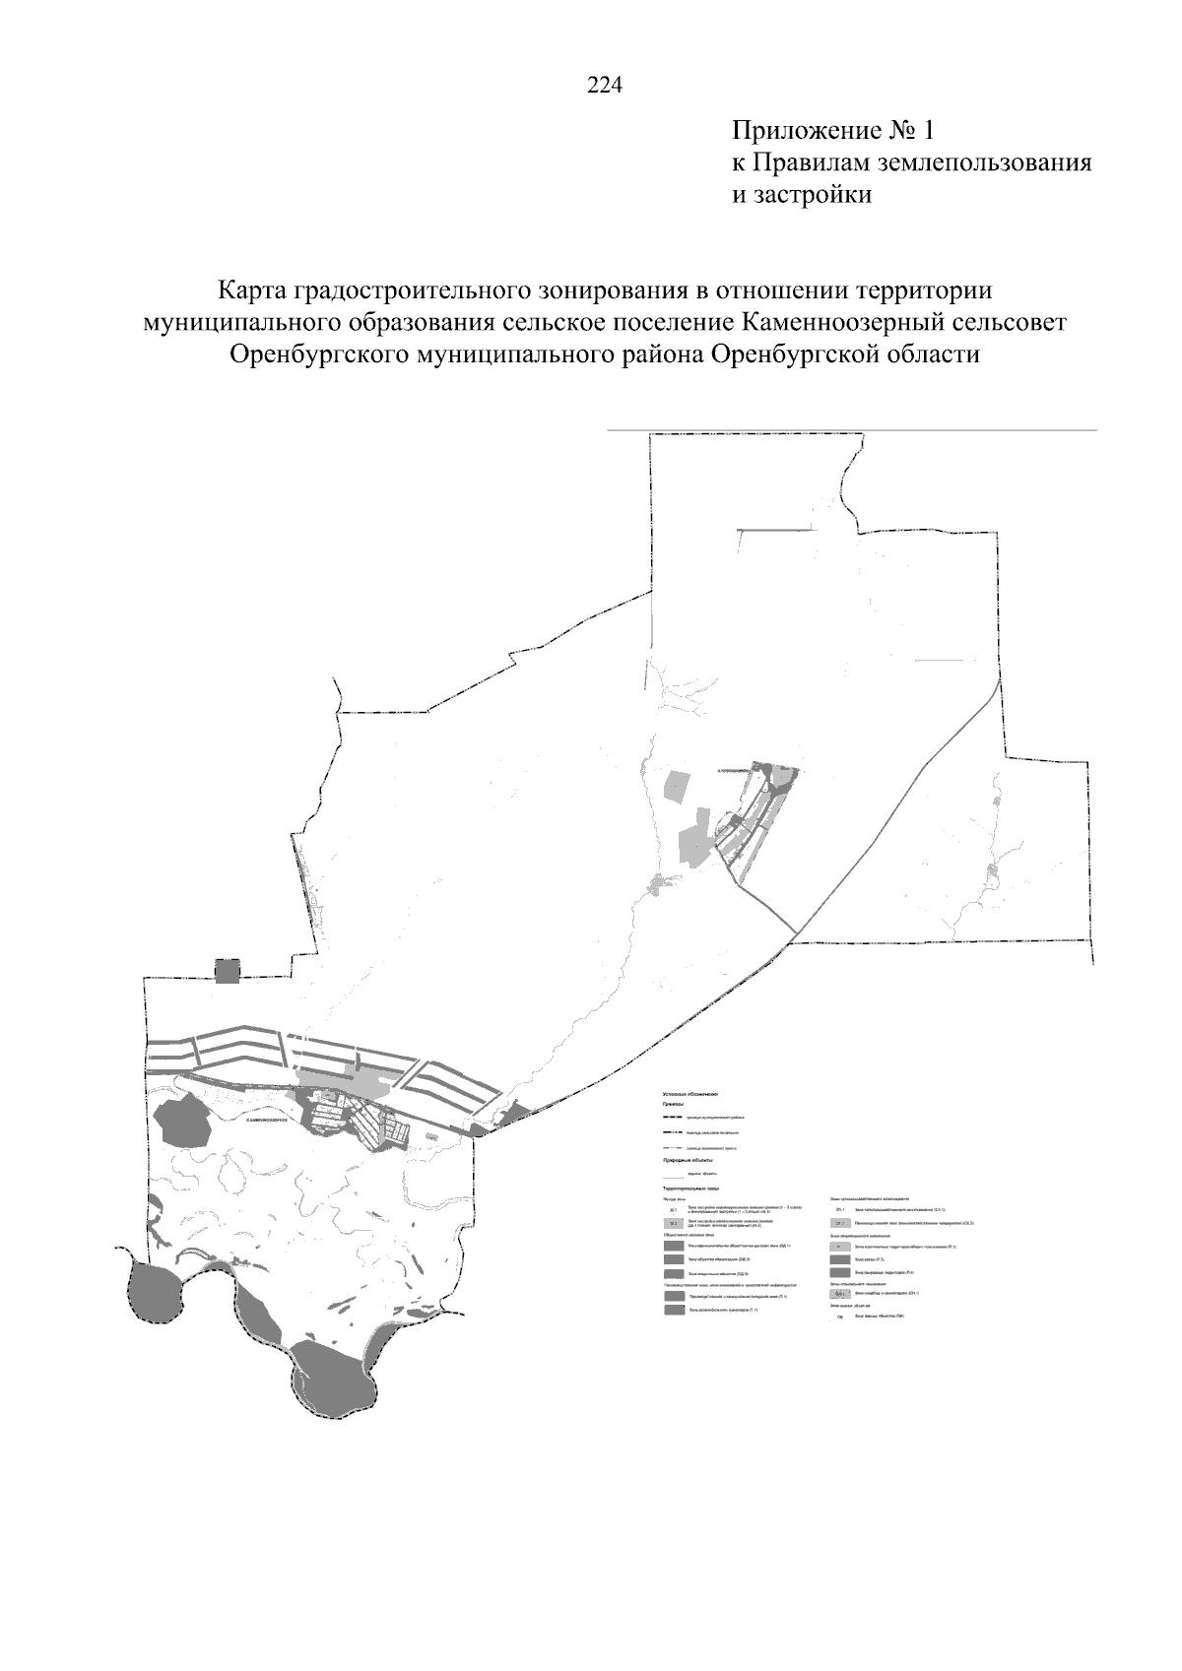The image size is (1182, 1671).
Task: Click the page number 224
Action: tap(605, 87)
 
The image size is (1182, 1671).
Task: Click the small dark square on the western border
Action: tap(228, 972)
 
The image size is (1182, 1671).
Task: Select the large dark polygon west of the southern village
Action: tap(184, 1123)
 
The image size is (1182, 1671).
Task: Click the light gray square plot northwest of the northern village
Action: tap(679, 786)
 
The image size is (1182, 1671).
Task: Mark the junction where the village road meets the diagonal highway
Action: tap(796, 930)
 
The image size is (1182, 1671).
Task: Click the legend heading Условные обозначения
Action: tap(690, 1094)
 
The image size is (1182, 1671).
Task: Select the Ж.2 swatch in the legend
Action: tap(674, 1223)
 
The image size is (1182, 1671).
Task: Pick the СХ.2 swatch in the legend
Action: tap(839, 1224)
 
